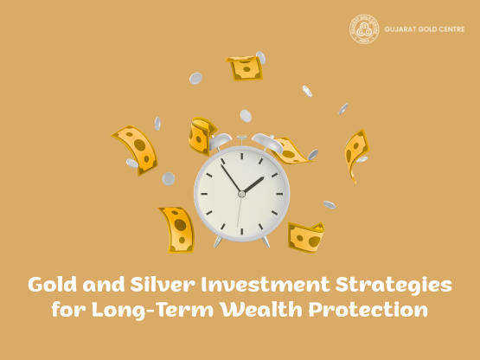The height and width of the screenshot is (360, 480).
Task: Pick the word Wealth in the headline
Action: tap(272, 310)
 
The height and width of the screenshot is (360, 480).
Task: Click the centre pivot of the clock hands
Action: tap(241, 194)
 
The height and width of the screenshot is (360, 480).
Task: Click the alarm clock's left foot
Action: tap(217, 242)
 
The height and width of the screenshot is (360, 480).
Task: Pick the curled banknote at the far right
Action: tap(355, 153)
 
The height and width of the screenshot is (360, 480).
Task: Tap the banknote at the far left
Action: tap(136, 149)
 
